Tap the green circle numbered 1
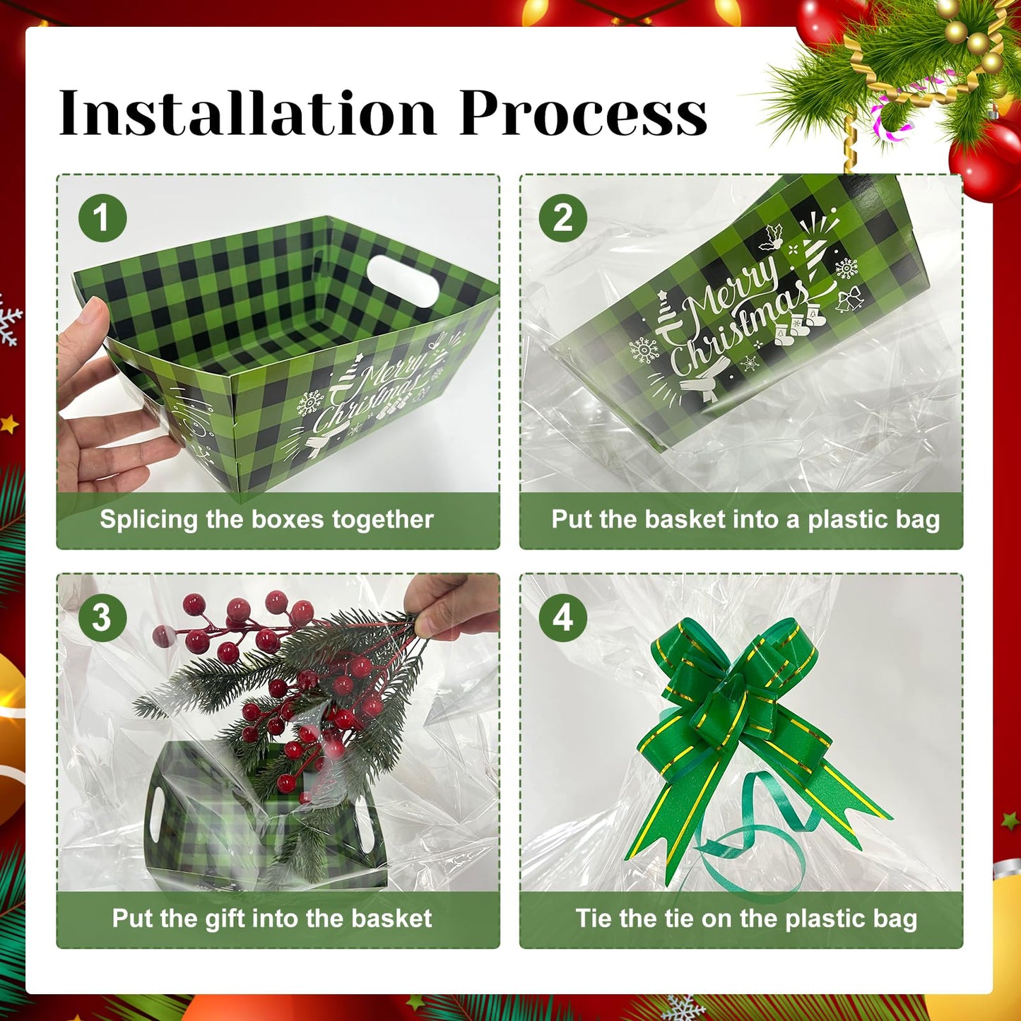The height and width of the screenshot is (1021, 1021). point(102,218)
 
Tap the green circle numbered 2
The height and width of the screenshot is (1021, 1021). point(563,218)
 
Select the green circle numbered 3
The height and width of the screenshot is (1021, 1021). point(102,618)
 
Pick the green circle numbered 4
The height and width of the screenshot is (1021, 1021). point(563,618)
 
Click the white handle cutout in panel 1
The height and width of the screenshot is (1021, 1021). point(403,281)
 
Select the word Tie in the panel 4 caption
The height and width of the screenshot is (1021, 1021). point(592,919)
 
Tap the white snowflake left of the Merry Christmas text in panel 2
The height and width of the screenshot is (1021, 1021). point(644,350)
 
